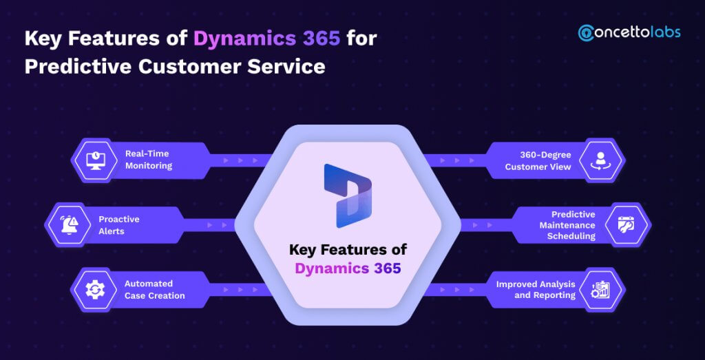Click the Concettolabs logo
click(629, 32)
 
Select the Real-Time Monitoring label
click(148, 160)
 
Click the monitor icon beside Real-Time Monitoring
click(95, 160)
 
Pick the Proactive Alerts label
click(118, 225)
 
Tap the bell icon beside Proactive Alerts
click(69, 225)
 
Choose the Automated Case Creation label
click(154, 289)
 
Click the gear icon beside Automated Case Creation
click(95, 290)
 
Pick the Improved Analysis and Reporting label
click(536, 289)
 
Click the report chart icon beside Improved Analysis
click(600, 290)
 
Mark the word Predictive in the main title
click(76, 67)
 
